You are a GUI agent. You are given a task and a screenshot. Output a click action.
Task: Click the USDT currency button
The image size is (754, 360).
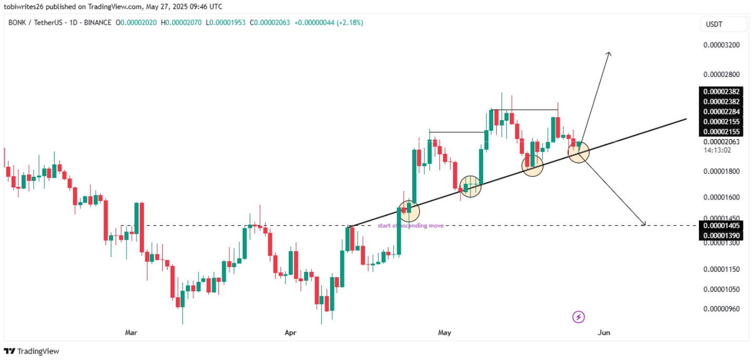pos(723,24)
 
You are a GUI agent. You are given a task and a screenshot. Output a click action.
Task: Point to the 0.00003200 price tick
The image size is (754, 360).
pos(721,45)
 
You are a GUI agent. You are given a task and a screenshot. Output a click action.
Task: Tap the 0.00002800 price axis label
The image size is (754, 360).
pos(721,75)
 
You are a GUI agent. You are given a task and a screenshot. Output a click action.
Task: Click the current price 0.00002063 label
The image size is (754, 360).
pos(721,142)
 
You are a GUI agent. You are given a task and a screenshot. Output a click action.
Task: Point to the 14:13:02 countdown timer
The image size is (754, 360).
pos(717,150)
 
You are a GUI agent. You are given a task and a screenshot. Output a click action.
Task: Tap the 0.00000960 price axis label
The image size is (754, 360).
pos(721,309)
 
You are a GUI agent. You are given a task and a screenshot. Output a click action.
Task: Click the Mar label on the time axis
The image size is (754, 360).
pos(131,333)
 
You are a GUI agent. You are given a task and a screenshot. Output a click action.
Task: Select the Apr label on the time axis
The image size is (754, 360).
pos(290,333)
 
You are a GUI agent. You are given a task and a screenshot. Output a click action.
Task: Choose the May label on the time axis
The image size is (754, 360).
pos(445,333)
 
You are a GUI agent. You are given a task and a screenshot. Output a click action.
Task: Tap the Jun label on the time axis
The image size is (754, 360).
pos(604,333)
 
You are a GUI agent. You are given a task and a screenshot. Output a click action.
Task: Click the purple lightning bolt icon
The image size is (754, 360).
pos(578,317)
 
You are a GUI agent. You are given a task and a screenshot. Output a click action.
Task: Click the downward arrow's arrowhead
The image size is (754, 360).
pos(644,224)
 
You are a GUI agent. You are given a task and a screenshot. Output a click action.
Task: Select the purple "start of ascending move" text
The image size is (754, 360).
pos(411,226)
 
